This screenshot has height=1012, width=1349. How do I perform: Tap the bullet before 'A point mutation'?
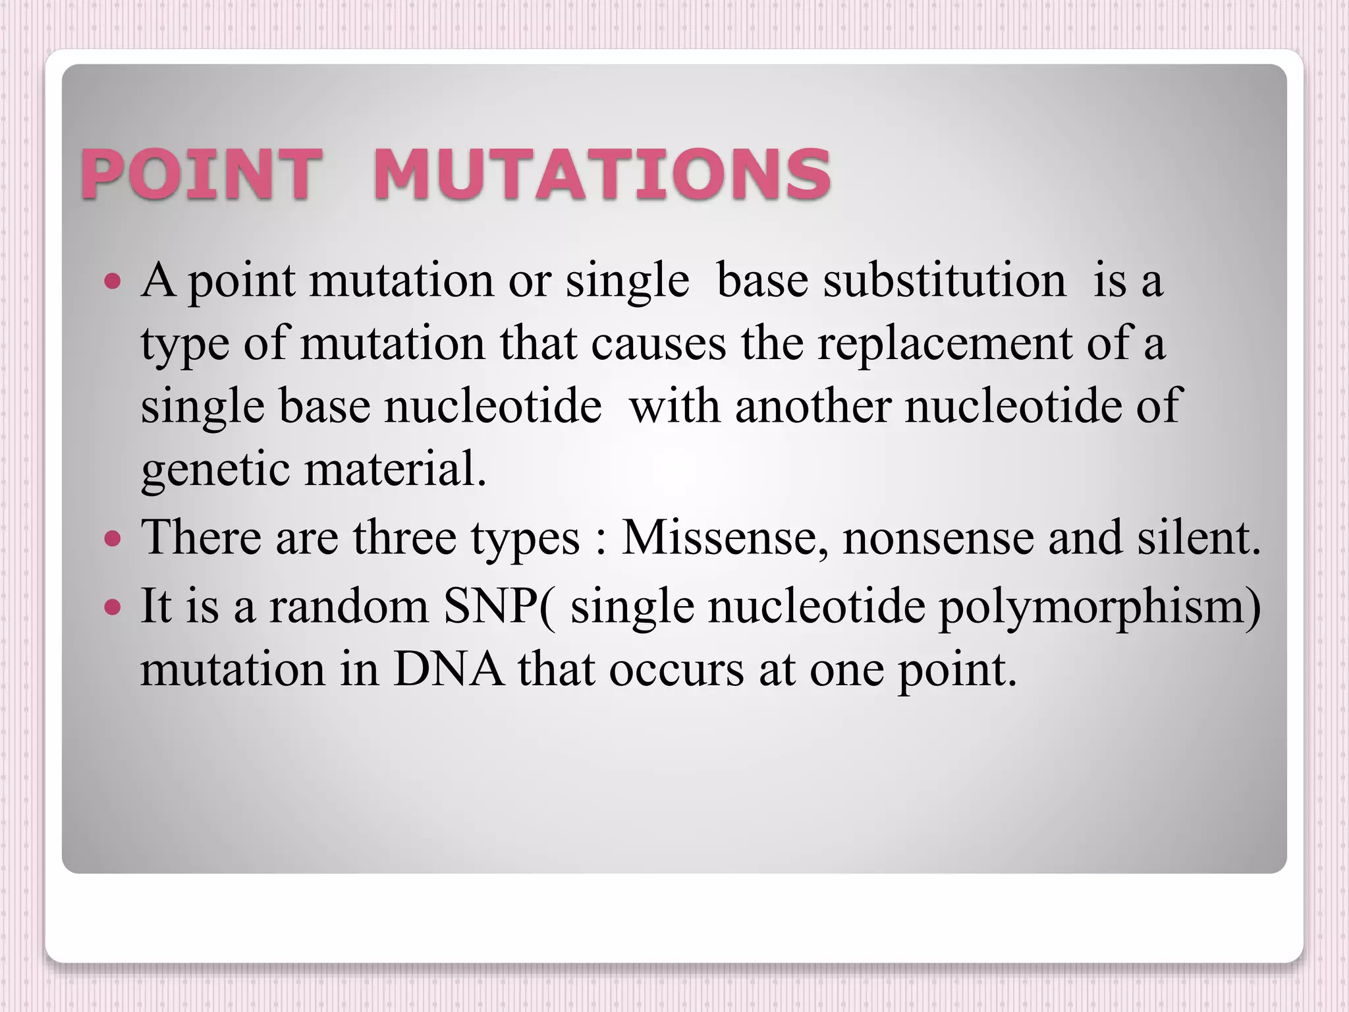[113, 282]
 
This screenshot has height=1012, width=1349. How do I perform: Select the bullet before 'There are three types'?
[113, 539]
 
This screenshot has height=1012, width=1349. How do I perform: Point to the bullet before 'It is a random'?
[113, 607]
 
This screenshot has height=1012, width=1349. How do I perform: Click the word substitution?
[944, 281]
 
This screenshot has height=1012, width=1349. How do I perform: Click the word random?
[348, 606]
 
